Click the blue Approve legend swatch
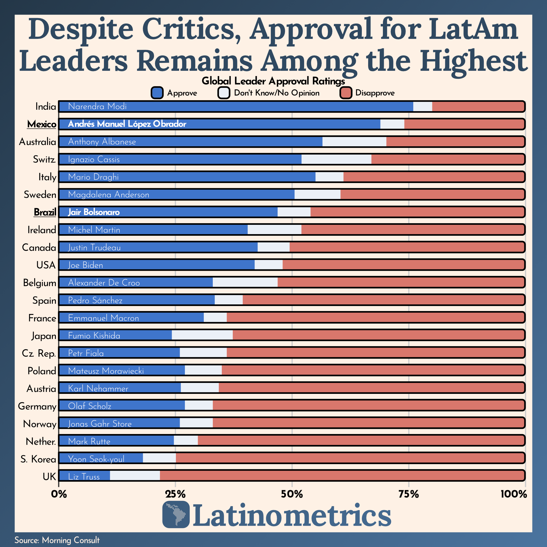tap(157, 93)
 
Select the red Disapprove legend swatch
tap(346, 93)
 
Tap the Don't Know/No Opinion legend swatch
tap(224, 93)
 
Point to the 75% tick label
tap(409, 494)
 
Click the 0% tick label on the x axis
tap(59, 494)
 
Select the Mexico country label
tap(42, 124)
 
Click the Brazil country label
tap(45, 212)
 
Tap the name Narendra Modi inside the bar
tap(97, 107)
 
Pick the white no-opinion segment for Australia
tap(354, 142)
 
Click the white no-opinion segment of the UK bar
tap(135, 476)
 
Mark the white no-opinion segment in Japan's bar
tap(202, 336)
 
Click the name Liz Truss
tap(84, 477)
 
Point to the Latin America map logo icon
tap(176, 514)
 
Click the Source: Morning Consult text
tap(57, 540)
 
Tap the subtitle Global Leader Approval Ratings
tap(273, 81)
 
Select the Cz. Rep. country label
tap(39, 353)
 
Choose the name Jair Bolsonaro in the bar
tap(94, 212)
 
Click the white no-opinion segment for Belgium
tap(245, 283)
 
